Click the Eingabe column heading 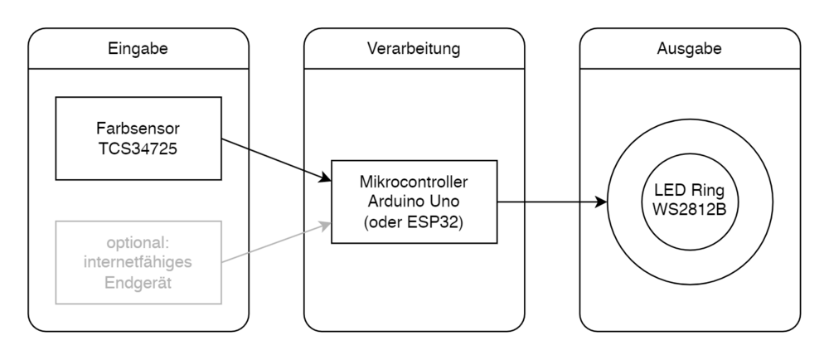click(x=138, y=49)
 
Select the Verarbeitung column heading click(x=414, y=49)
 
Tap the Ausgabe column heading click(x=689, y=49)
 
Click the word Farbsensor click(x=138, y=129)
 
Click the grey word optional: click(x=138, y=245)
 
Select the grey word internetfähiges click(x=138, y=264)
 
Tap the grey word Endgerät click(x=138, y=282)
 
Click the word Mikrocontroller click(x=414, y=182)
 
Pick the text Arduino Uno click(x=414, y=202)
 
